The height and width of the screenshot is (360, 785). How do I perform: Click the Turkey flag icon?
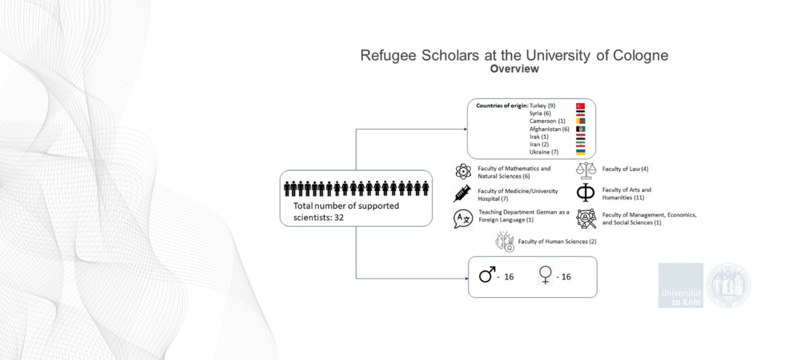pyautogui.click(x=580, y=106)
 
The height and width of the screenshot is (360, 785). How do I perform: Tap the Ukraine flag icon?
pyautogui.click(x=580, y=152)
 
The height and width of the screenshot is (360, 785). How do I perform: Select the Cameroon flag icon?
pyautogui.click(x=580, y=121)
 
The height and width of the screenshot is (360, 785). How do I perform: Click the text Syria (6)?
pyautogui.click(x=540, y=113)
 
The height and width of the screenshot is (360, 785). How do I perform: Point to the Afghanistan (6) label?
pyautogui.click(x=549, y=129)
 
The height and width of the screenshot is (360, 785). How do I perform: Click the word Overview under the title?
pyautogui.click(x=514, y=69)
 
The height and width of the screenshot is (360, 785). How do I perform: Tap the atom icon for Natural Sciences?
pyautogui.click(x=463, y=171)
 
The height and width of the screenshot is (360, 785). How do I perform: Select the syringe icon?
pyautogui.click(x=462, y=194)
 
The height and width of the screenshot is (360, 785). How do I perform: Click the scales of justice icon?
pyautogui.click(x=586, y=170)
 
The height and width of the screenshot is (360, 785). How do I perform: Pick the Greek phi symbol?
pyautogui.click(x=586, y=193)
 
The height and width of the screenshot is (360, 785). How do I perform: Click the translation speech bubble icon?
pyautogui.click(x=463, y=219)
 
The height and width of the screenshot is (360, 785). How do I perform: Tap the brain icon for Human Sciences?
pyautogui.click(x=505, y=242)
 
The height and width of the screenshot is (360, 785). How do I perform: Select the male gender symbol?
pyautogui.click(x=487, y=275)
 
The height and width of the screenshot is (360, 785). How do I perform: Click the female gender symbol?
pyautogui.click(x=545, y=275)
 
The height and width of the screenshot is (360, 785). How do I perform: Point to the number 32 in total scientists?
pyautogui.click(x=339, y=218)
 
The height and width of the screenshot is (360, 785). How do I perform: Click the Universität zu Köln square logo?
pyautogui.click(x=681, y=285)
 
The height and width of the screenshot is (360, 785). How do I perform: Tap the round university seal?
pyautogui.click(x=728, y=285)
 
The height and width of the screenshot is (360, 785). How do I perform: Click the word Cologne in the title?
pyautogui.click(x=640, y=55)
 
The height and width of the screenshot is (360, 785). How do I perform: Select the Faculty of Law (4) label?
pyautogui.click(x=625, y=169)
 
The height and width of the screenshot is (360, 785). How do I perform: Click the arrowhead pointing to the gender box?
pyautogui.click(x=467, y=278)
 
